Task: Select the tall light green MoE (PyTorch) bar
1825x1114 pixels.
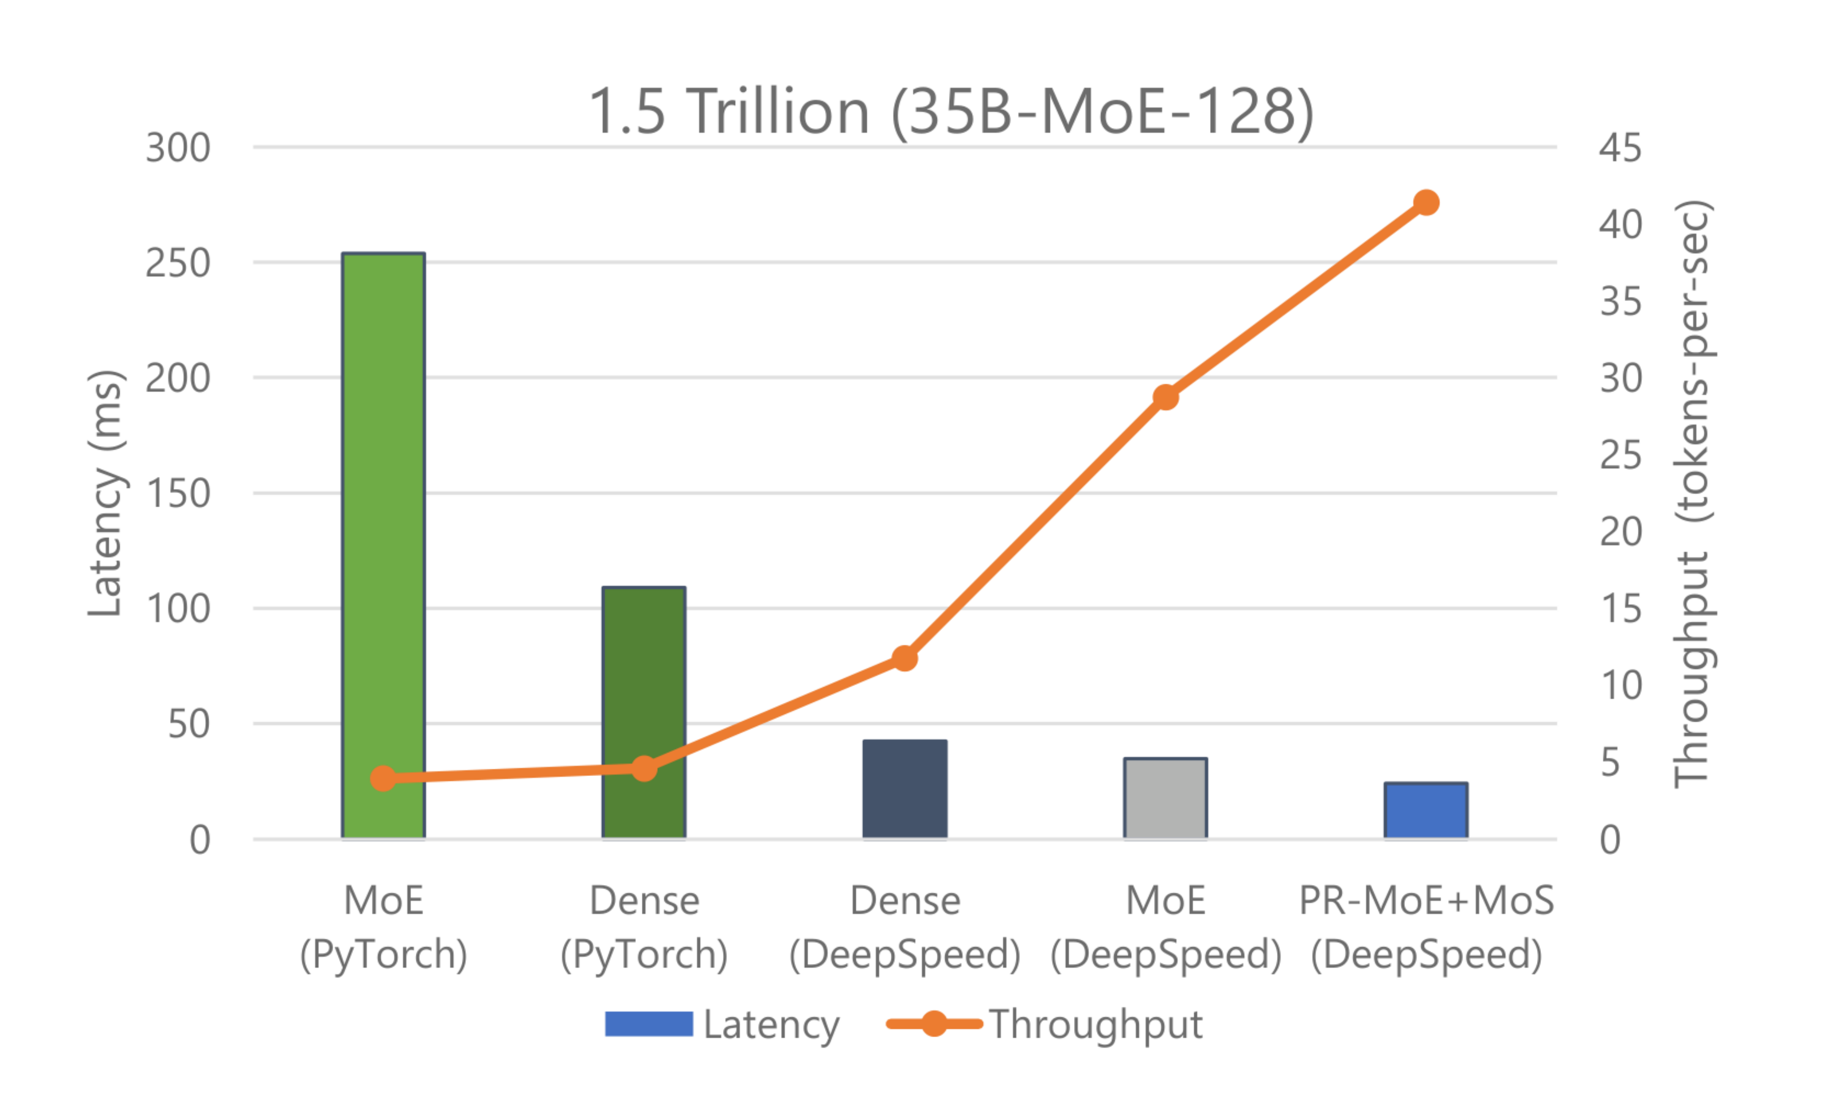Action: (383, 518)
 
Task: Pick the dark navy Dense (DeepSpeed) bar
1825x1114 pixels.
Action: (904, 789)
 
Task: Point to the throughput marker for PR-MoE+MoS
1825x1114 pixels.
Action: (1426, 202)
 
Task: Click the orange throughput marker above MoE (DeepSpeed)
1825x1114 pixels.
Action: (1165, 397)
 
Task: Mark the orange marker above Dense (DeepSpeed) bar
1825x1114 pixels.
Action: (904, 658)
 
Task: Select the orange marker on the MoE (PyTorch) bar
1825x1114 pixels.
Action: (383, 778)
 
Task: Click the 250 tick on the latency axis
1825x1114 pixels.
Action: (178, 263)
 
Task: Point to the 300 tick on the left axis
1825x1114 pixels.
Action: (178, 148)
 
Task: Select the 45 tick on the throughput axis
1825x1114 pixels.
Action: (1620, 148)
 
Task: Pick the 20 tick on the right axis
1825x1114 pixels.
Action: (1620, 531)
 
